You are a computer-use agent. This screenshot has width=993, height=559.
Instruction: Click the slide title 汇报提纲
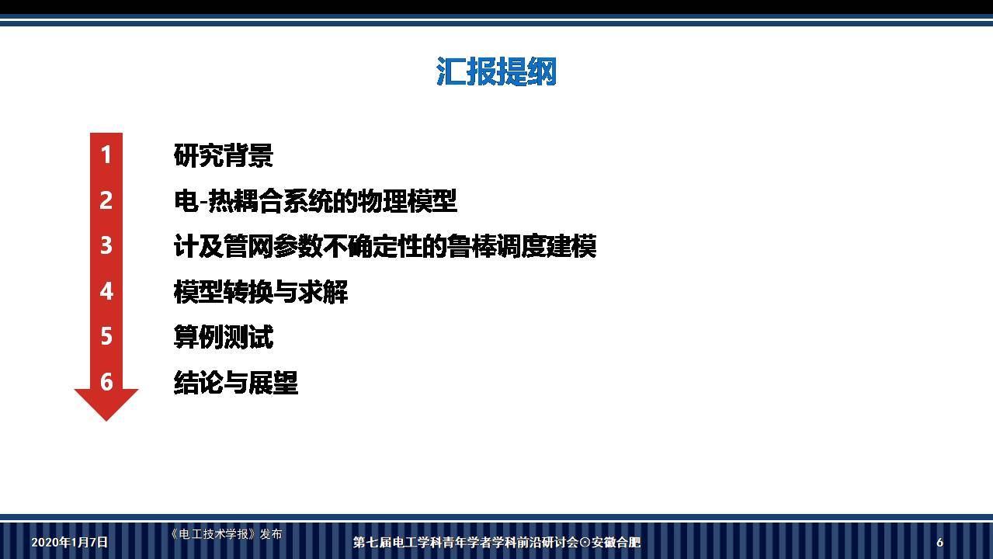coord(496,72)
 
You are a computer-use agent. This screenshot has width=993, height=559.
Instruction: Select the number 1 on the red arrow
coord(106,155)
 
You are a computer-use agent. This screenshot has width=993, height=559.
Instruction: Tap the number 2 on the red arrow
coord(106,200)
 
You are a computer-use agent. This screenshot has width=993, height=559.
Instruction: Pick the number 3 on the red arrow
coord(106,245)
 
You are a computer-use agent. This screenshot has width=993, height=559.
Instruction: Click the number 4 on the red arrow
coord(106,291)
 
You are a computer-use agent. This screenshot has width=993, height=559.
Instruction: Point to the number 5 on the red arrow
coord(106,336)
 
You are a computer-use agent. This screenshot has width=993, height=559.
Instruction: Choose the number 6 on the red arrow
coord(106,381)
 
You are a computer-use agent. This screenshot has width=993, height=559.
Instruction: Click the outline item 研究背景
coord(224,155)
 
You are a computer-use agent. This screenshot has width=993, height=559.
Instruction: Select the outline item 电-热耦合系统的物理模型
coord(315,201)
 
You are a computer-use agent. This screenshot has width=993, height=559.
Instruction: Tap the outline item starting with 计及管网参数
coord(384,246)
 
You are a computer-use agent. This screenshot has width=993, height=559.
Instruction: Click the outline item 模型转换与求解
coord(261,292)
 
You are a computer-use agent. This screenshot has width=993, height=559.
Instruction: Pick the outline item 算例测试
coord(224,337)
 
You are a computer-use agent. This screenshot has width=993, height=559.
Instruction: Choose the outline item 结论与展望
coord(236,382)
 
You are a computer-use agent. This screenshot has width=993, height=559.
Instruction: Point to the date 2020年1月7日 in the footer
coord(70,542)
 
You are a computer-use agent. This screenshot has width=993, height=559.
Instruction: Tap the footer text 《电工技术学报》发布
coord(225,534)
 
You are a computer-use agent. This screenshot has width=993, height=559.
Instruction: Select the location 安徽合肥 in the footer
coord(616,543)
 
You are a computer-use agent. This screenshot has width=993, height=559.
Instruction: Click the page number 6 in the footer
coord(939,543)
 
